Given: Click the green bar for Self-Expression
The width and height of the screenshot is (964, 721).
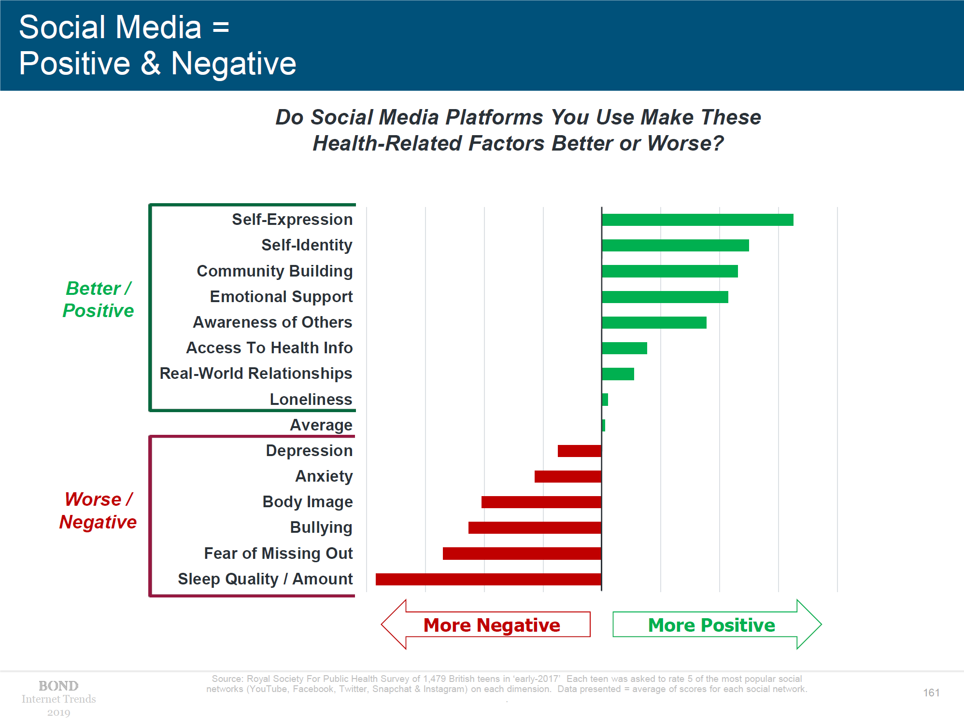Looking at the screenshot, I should click(x=697, y=220).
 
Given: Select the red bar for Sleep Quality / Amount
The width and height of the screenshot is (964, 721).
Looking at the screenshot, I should click(x=488, y=579).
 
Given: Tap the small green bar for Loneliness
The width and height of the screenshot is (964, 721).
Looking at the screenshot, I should click(x=605, y=400).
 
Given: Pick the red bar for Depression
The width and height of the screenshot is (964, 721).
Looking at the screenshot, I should click(x=580, y=451).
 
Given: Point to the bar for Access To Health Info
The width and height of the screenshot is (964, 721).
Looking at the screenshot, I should click(x=624, y=348).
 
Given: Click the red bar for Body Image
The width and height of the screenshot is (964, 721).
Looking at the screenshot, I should click(x=541, y=502).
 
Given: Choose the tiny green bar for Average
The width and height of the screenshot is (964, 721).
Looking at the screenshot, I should click(x=604, y=425).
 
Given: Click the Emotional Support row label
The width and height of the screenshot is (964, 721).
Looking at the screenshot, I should click(x=281, y=297).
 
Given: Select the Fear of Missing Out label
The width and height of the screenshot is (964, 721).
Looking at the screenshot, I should click(x=278, y=554).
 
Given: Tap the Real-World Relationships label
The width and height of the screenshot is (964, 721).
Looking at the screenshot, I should click(x=256, y=374).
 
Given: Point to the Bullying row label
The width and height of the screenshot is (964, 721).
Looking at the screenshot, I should click(x=321, y=527).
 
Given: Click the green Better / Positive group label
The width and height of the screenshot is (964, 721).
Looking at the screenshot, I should click(x=99, y=300).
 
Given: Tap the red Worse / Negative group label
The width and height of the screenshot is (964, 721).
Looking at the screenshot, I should click(x=98, y=511).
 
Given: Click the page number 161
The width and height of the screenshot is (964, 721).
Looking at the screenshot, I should click(x=931, y=693).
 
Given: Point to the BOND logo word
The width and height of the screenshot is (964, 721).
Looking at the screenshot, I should click(x=58, y=686).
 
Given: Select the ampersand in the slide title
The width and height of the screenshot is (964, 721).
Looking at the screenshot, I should click(x=151, y=64).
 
